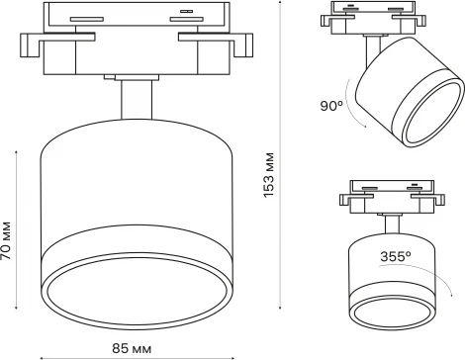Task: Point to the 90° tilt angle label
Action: (x=330, y=105)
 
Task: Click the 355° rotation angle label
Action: (x=397, y=254)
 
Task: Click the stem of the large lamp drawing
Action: (x=135, y=104)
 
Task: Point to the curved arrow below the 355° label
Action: (x=406, y=272)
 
